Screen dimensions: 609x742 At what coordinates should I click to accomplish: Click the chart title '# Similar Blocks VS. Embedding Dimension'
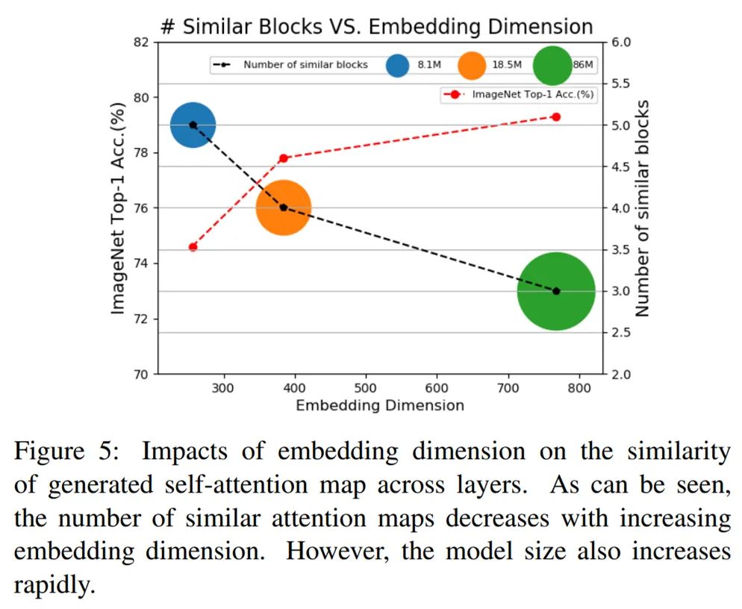tap(377, 28)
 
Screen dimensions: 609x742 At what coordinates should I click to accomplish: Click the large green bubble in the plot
tap(556, 291)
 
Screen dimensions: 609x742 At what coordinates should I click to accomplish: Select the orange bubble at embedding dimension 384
tap(284, 207)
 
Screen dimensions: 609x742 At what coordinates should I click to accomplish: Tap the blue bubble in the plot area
tap(193, 125)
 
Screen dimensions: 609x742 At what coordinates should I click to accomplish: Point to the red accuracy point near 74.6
tap(193, 246)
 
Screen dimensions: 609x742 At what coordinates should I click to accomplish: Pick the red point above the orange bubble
tap(284, 158)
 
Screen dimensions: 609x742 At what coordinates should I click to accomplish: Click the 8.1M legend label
tap(429, 65)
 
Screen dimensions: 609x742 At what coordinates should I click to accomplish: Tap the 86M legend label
tap(582, 65)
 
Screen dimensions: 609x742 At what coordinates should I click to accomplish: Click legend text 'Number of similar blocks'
tap(305, 65)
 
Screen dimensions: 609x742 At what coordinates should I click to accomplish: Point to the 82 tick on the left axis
tap(142, 42)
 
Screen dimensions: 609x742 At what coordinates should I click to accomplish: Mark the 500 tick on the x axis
tap(366, 388)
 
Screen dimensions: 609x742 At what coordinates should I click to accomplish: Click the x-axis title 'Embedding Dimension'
tap(380, 406)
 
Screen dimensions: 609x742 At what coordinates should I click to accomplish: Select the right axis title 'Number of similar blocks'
tap(643, 207)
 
